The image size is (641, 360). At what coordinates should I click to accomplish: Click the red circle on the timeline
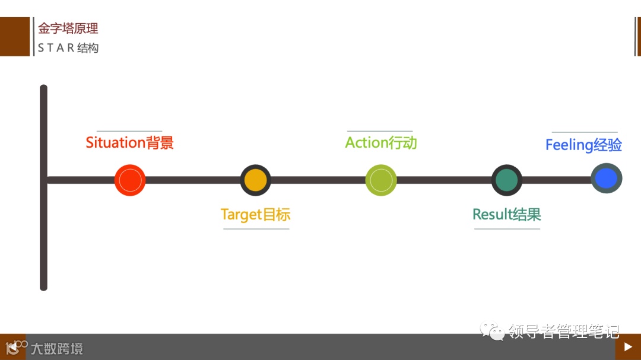point(130,180)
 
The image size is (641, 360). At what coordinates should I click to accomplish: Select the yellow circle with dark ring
point(256,180)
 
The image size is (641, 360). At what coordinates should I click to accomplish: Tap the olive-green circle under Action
point(381,180)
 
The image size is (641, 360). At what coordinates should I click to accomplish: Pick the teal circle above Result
point(507,180)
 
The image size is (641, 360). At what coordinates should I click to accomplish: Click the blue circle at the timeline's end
point(606,179)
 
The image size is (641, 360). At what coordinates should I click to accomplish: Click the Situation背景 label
point(129,143)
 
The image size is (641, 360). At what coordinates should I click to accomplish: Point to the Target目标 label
point(255,215)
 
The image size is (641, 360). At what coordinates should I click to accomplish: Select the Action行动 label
point(381,143)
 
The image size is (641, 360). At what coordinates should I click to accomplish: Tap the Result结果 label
point(507,215)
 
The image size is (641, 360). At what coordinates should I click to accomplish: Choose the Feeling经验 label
point(583,145)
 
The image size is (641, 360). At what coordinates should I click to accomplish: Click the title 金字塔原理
point(68,28)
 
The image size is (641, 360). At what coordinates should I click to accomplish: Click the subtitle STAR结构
point(68,48)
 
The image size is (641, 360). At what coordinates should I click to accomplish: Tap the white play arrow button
point(628,347)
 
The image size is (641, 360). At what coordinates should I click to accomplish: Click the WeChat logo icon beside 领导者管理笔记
point(493,330)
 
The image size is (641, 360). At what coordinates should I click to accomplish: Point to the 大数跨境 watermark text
point(57,348)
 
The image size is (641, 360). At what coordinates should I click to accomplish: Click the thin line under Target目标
point(256,229)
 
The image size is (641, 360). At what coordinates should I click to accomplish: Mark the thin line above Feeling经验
point(585,132)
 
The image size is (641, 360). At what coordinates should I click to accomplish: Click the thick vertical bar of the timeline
point(43,237)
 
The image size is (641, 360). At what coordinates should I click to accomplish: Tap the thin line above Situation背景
point(129,131)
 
